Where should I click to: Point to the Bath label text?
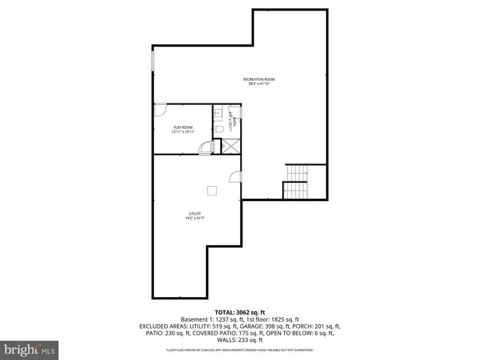[x=235, y=120]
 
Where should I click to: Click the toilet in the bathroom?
[x=217, y=130]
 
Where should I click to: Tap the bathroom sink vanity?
[x=216, y=115]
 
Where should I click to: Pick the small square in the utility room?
[x=212, y=189]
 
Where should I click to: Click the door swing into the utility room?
[x=235, y=177]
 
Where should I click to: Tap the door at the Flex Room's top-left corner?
[x=160, y=110]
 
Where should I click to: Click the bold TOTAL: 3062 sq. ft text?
[x=240, y=311]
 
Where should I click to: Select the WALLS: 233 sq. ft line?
[x=240, y=340]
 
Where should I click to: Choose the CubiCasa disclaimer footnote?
[x=240, y=349]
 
